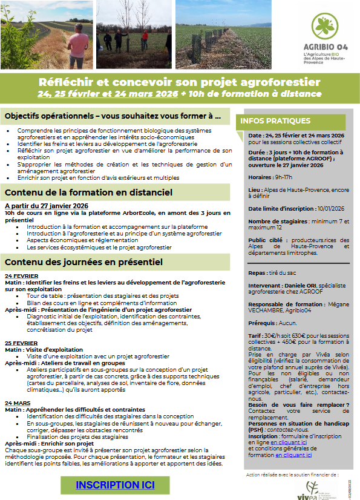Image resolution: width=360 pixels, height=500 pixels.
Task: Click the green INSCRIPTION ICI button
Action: [115, 485]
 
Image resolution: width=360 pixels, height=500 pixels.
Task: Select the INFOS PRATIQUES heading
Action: [275, 121]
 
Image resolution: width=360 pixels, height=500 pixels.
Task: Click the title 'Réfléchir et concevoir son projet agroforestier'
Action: [179, 82]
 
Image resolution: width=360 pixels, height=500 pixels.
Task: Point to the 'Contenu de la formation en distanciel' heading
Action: [88, 192]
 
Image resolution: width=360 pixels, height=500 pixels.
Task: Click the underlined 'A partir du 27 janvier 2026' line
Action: [47, 206]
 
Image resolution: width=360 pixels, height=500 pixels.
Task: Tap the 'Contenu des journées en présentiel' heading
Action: [83, 262]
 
